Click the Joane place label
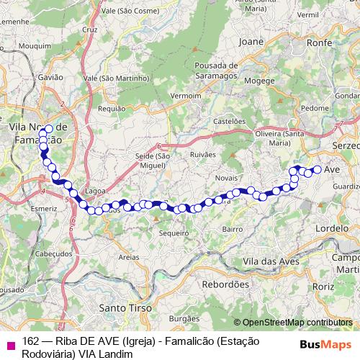tap(251, 42)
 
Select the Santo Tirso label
tap(125, 307)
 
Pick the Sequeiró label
tap(174, 233)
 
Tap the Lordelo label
tap(331, 228)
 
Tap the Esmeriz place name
tap(43, 208)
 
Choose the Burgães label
tap(183, 318)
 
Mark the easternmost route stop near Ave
tap(317, 170)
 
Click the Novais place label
tap(227, 176)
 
